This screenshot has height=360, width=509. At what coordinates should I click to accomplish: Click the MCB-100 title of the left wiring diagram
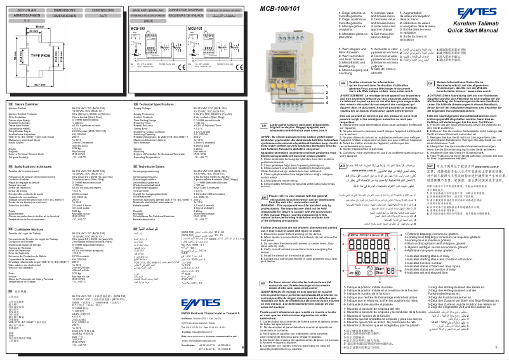[136, 29]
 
